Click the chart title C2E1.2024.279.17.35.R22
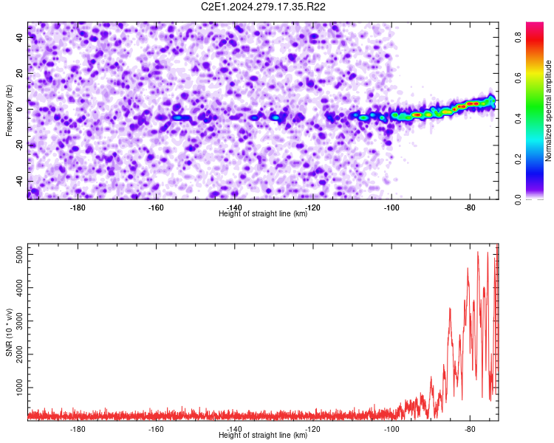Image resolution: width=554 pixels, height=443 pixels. pyautogui.click(x=263, y=7)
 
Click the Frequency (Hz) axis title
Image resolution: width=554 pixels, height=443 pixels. pyautogui.click(x=9, y=111)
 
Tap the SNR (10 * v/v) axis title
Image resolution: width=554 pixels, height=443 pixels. pyautogui.click(x=9, y=332)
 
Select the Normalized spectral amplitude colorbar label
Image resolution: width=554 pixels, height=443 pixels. pyautogui.click(x=548, y=111)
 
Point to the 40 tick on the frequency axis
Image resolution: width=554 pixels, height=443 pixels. pyautogui.click(x=19, y=38)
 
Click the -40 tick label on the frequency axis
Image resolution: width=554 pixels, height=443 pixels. pyautogui.click(x=19, y=182)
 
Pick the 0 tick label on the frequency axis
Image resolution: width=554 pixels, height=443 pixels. pyautogui.click(x=19, y=109)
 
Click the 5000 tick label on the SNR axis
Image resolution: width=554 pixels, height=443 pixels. pyautogui.click(x=19, y=254)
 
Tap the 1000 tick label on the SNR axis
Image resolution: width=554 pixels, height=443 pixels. pyautogui.click(x=19, y=388)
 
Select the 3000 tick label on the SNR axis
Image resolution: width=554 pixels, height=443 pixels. pyautogui.click(x=19, y=320)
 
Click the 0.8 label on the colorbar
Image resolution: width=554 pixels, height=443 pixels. pyautogui.click(x=518, y=37)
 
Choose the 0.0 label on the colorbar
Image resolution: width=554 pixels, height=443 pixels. pyautogui.click(x=518, y=200)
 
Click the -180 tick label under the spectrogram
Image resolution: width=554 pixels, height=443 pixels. pyautogui.click(x=78, y=207)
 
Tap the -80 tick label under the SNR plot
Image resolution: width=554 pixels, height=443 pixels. pyautogui.click(x=470, y=429)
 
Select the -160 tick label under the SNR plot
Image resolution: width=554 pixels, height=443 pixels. pyautogui.click(x=156, y=429)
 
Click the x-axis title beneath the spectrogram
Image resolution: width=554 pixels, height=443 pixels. pyautogui.click(x=263, y=213)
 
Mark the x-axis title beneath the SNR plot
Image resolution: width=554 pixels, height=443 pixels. pyautogui.click(x=263, y=435)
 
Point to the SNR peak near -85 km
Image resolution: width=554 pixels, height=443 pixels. pyautogui.click(x=450, y=309)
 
